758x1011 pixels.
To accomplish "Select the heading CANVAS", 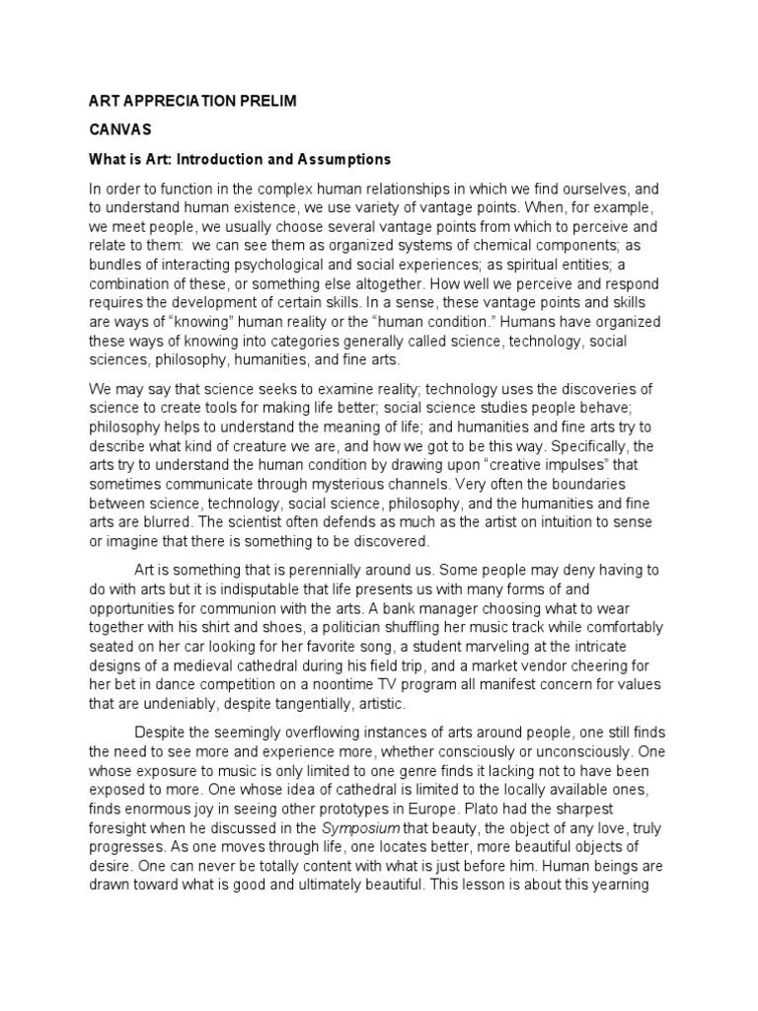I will (x=116, y=129).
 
